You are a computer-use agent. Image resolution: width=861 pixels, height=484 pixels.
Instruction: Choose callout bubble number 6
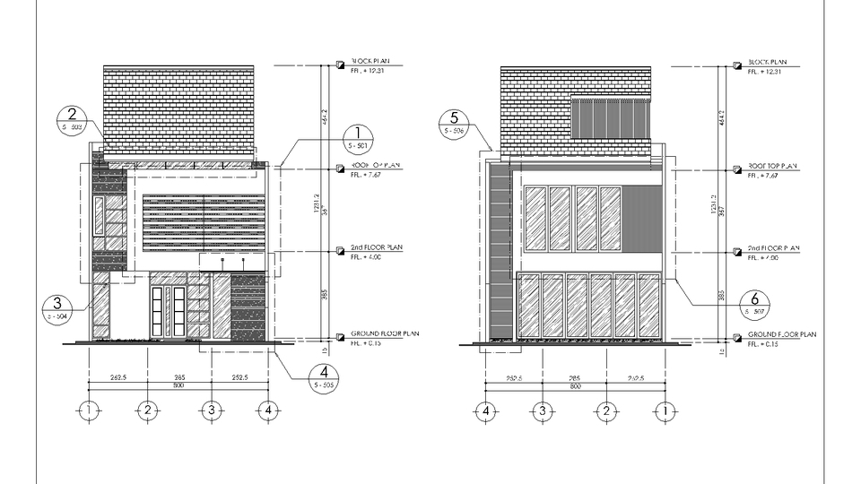[x=755, y=303]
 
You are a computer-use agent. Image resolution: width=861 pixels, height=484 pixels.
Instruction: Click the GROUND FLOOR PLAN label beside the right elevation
[x=782, y=333]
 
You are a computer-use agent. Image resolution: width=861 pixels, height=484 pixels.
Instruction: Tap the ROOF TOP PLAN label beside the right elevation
[x=772, y=166]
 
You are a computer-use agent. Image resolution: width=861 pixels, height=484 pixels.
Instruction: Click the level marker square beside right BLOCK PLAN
[x=737, y=65]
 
